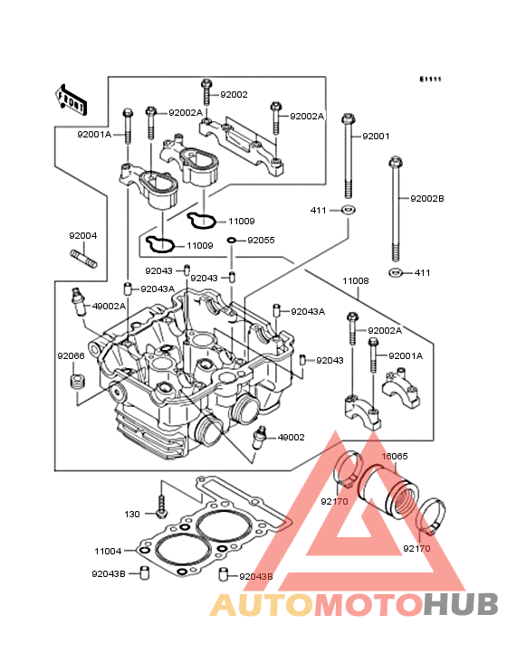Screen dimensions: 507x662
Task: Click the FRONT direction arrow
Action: click(x=71, y=100)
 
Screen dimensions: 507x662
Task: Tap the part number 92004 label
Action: click(x=83, y=235)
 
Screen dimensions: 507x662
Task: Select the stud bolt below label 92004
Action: click(x=83, y=259)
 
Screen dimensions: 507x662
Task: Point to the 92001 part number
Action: click(x=376, y=136)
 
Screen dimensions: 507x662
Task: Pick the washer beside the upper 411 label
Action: click(x=349, y=209)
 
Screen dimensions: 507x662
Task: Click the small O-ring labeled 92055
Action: click(x=232, y=241)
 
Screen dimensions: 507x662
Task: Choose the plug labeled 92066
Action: click(x=76, y=382)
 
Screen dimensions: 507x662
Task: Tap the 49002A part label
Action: click(x=109, y=306)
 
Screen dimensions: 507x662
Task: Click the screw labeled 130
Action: click(x=161, y=506)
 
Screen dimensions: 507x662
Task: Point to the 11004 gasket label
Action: click(x=108, y=551)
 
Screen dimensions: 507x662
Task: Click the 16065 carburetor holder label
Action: click(x=395, y=456)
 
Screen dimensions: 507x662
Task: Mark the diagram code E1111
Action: click(x=430, y=79)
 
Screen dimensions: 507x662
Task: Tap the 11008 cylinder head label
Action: click(x=356, y=280)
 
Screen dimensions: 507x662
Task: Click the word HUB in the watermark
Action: click(x=462, y=604)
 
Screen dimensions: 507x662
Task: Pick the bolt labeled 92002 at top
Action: click(x=206, y=92)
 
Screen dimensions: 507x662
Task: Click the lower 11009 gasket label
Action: click(x=200, y=245)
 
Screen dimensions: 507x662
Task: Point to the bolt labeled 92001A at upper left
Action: click(x=128, y=126)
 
